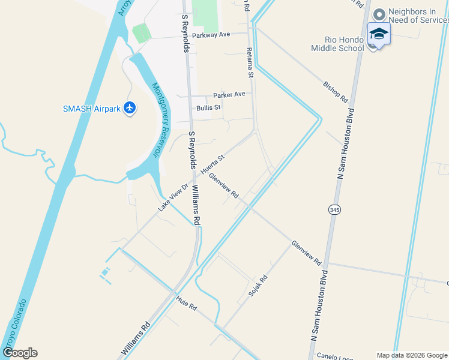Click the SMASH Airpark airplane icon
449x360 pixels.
(130, 109)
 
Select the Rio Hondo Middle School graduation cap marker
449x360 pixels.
(379, 34)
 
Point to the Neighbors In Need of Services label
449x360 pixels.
(418, 16)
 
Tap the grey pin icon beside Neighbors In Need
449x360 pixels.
(379, 14)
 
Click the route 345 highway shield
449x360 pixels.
(334, 209)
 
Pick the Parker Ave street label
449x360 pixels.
(229, 94)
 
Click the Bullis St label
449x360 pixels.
(208, 107)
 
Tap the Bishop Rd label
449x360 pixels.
(336, 91)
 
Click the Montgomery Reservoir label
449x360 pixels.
(158, 119)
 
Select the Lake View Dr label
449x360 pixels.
(173, 196)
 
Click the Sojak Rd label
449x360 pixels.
(258, 287)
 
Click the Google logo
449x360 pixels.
(20, 353)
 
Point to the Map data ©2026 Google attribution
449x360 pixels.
(411, 355)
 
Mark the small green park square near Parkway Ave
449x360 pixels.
(142, 33)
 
